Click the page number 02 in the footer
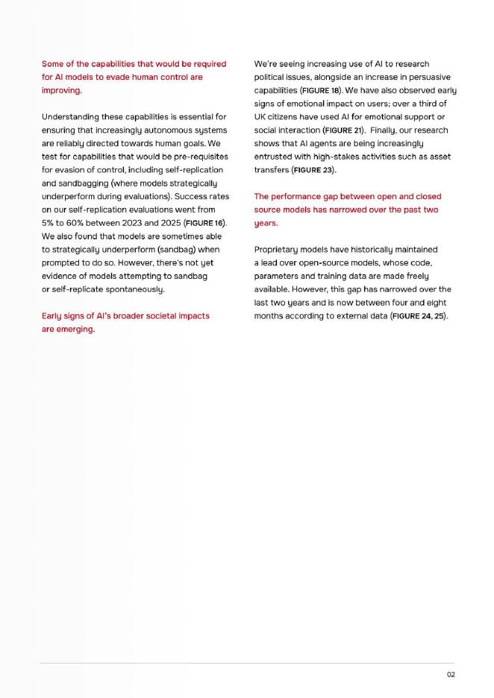pyautogui.click(x=451, y=674)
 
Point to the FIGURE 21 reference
pyautogui.click(x=343, y=130)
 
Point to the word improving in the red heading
pyautogui.click(x=60, y=90)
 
